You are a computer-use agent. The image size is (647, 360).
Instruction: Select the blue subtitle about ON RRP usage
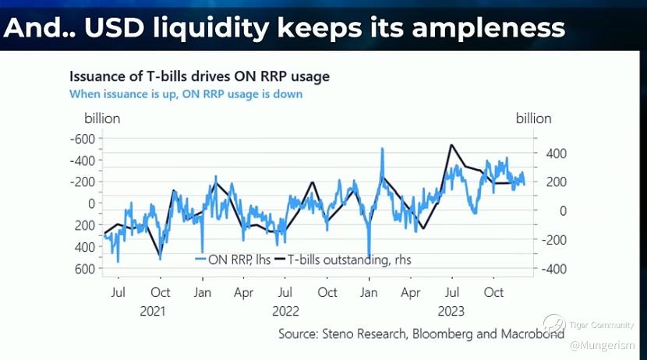tap(186, 94)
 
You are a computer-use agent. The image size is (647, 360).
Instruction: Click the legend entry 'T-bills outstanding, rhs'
tap(342, 259)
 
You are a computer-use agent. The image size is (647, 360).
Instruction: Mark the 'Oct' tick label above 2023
tap(493, 293)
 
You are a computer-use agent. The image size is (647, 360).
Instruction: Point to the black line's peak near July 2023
tap(451, 145)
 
